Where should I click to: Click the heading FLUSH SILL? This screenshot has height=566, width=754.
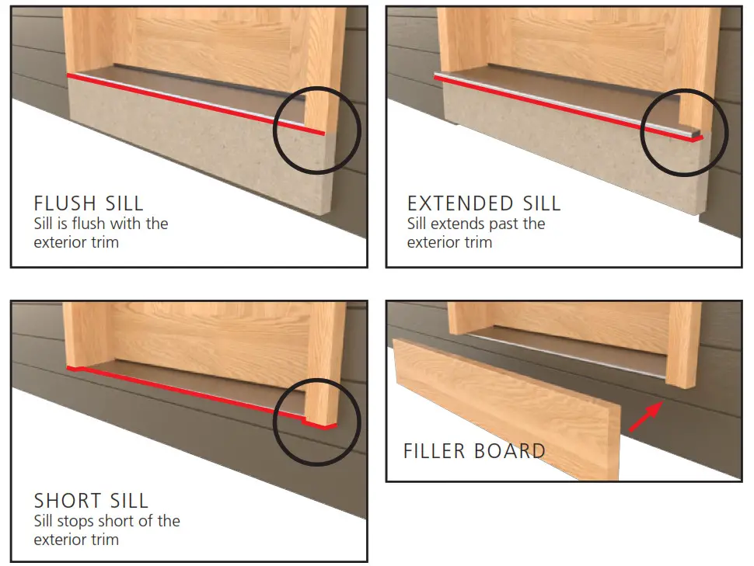point(88,204)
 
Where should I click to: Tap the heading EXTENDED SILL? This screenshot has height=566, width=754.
point(483,204)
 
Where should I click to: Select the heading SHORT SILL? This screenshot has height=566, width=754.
point(91,501)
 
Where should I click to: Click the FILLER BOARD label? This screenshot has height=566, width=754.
point(474,451)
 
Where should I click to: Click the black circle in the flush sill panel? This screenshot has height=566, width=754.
point(318,134)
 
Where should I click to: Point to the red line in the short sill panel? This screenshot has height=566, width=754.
point(194,392)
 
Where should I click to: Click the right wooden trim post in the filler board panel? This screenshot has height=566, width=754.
point(684,342)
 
